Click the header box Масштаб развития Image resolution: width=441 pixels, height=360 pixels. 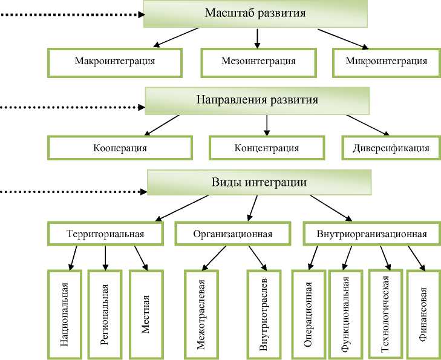click(255, 14)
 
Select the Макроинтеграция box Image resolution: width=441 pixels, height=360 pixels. click(114, 61)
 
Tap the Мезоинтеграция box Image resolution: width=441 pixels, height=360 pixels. click(258, 61)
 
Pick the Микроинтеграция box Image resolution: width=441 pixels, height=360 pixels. click(387, 61)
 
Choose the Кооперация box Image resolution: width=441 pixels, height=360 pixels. click(120, 147)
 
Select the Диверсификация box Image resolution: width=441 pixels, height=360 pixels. click(386, 147)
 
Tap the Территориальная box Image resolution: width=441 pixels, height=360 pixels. click(105, 234)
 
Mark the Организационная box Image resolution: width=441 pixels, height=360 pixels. click(233, 234)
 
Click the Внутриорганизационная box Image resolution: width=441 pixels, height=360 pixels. click(371, 234)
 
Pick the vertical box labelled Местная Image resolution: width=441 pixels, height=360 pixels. click(146, 315)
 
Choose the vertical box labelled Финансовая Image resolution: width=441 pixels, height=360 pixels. click(424, 315)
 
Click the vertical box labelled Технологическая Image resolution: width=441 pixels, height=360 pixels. click(385, 313)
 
